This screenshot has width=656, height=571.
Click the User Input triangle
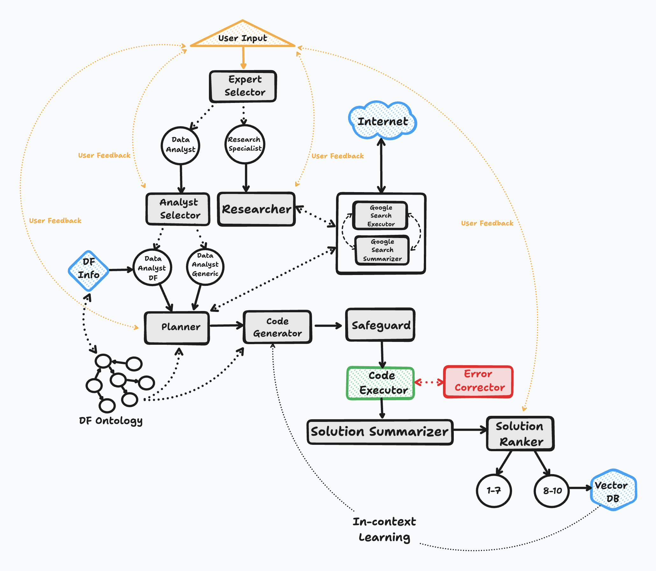click(243, 37)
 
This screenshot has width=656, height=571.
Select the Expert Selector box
click(243, 86)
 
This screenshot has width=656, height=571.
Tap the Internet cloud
click(382, 121)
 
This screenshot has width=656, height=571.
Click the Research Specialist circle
click(245, 144)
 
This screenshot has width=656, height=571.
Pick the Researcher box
click(256, 209)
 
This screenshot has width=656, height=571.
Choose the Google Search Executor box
click(381, 216)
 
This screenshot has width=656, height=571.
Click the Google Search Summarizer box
click(382, 250)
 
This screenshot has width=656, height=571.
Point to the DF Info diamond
click(89, 271)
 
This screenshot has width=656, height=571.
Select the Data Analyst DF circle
click(152, 268)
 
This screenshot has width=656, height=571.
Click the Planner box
click(177, 328)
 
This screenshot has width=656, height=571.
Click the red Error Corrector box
click(478, 381)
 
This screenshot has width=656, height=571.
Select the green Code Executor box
click(381, 383)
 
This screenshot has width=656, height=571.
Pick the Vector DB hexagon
click(613, 490)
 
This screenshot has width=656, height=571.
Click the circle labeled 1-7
click(494, 490)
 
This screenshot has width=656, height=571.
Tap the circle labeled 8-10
click(552, 490)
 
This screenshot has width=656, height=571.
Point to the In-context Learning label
click(384, 529)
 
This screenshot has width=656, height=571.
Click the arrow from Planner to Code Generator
click(226, 325)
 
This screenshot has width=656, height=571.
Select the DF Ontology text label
click(111, 421)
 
